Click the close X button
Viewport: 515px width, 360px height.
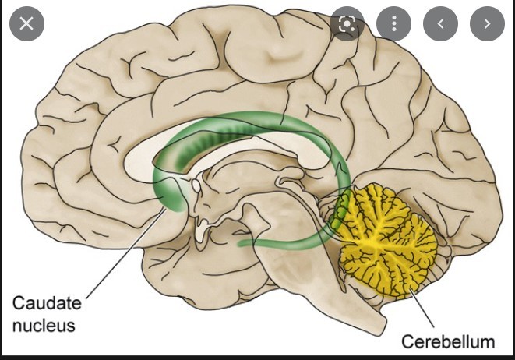click(26, 23)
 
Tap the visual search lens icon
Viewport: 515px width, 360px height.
click(347, 23)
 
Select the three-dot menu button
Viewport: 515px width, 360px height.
click(393, 23)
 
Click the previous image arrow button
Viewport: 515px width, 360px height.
click(440, 23)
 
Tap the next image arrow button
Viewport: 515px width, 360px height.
click(487, 23)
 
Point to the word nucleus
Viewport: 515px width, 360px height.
click(44, 323)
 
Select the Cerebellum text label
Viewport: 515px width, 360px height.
click(448, 341)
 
